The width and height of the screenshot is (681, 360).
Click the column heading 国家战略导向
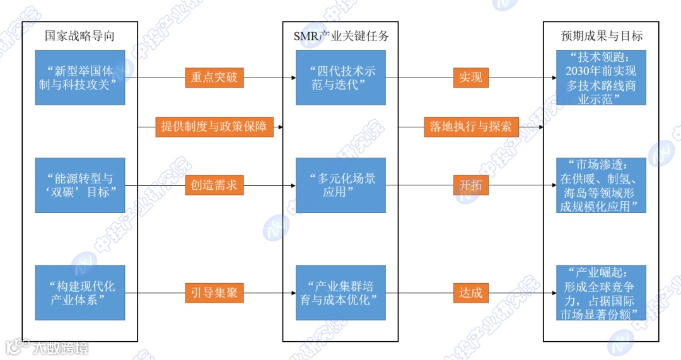[x=79, y=36]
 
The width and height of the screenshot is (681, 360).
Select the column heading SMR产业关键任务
[x=340, y=36]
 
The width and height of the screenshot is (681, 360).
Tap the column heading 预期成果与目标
[x=602, y=36]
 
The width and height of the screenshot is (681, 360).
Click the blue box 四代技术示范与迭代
[x=340, y=78]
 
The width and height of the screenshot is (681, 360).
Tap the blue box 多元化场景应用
[x=340, y=185]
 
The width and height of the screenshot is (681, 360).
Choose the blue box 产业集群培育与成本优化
[x=340, y=293]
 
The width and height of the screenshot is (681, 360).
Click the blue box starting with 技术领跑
[x=602, y=78]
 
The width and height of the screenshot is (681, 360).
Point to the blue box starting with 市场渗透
[x=602, y=185]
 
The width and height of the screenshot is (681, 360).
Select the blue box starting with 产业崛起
[x=602, y=293]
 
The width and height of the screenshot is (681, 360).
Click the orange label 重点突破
[x=214, y=78]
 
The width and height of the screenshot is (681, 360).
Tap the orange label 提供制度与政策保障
[x=214, y=127]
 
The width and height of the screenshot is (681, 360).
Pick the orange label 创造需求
[x=214, y=185]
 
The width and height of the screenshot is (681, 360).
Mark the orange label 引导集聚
[x=214, y=293]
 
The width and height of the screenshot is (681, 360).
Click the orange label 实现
[x=470, y=78]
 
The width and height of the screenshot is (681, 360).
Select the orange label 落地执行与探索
[x=470, y=127]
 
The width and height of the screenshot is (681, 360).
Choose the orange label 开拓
[x=470, y=185]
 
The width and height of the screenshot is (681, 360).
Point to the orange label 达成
[x=470, y=293]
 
